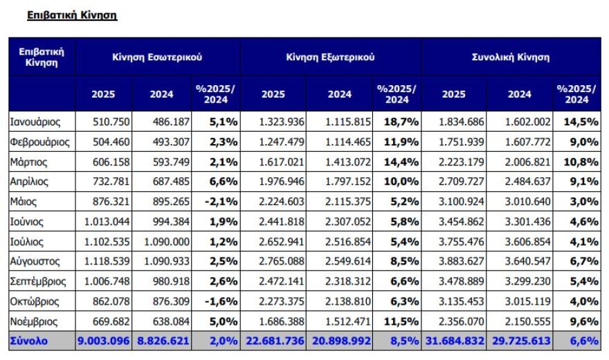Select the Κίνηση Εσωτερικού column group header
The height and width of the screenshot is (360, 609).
pos(158,57)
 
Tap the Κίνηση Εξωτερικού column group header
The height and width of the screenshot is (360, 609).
pos(330,57)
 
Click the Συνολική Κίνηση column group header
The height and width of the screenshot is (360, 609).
pos(511,57)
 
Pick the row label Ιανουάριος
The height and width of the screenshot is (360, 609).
pos(35,122)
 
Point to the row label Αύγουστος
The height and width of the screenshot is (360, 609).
pos(35,262)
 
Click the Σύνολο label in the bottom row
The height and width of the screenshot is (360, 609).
pos(29,341)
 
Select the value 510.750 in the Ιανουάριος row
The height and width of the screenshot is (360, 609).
pos(103,122)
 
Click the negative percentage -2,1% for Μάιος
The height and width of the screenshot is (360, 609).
pos(222,201)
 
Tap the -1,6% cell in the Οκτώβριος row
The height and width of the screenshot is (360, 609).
pos(222,302)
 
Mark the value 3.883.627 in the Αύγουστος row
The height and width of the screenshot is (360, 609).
pos(464,262)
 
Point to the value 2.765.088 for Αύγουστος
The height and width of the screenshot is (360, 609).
pos(283,262)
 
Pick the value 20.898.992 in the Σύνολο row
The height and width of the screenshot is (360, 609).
pos(338,341)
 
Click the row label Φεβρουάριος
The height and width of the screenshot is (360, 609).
pos(40,142)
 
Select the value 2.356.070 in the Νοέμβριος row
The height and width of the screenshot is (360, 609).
pos(464,321)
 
